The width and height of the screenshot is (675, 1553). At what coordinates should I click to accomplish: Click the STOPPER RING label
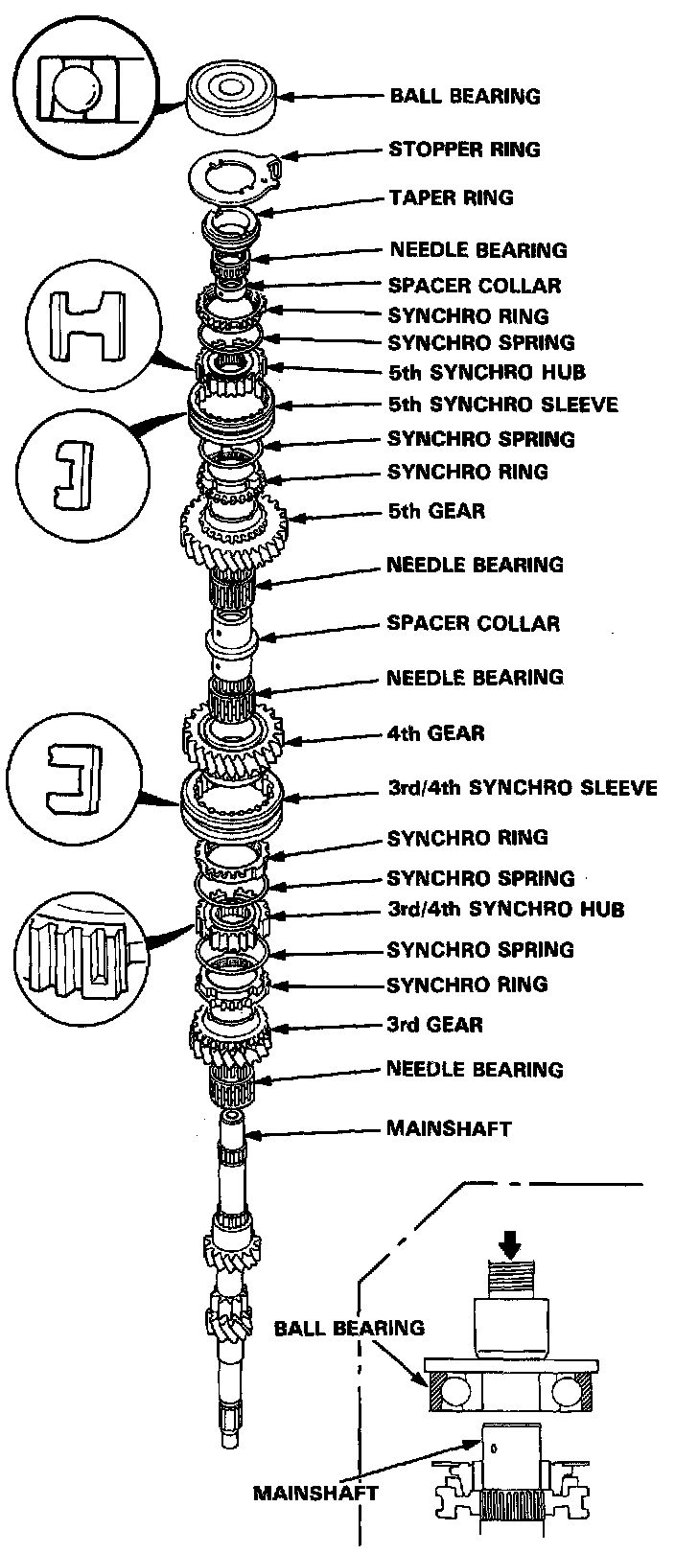click(x=464, y=150)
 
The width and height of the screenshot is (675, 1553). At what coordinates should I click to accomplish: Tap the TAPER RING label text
click(x=452, y=197)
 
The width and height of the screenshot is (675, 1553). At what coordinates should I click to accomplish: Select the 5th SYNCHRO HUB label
click(x=486, y=372)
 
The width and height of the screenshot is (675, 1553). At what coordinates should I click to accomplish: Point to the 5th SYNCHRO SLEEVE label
click(x=502, y=404)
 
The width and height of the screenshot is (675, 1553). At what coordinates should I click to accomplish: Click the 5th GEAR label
click(x=436, y=510)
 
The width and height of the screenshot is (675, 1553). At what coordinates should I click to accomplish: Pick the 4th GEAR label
click(x=435, y=733)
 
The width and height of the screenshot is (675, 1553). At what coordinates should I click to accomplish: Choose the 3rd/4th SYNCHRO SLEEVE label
click(x=522, y=788)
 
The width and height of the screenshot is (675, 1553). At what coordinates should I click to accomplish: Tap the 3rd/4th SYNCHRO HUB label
click(x=505, y=908)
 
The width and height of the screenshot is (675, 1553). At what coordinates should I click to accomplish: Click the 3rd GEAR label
click(x=434, y=1025)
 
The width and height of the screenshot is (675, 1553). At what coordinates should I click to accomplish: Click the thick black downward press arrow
click(x=511, y=1243)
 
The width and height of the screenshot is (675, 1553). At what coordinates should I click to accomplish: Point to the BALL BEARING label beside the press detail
click(x=349, y=1329)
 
